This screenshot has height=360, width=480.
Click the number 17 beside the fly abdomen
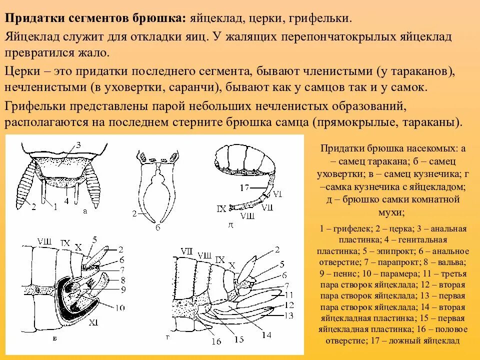[243, 188]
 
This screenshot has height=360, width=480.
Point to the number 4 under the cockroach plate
[66, 200]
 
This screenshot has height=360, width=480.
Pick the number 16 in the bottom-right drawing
[215, 342]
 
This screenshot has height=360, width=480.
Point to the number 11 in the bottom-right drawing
[288, 295]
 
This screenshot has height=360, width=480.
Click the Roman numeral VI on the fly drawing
[278, 193]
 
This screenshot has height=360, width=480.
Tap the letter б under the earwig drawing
[157, 227]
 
